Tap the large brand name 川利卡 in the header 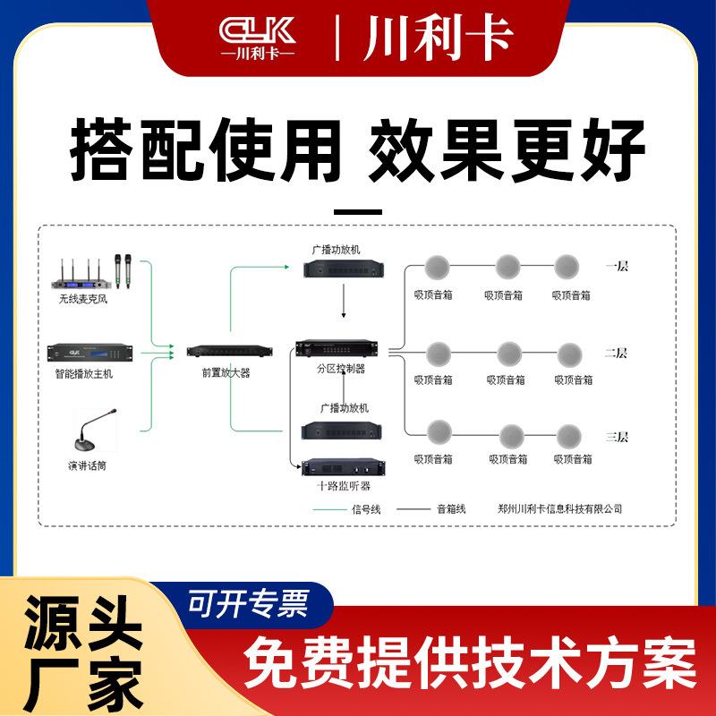439,38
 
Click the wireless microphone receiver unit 89,274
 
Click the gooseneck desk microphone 95,430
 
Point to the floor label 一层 618,266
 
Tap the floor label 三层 617,437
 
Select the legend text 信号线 365,509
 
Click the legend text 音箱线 451,509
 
